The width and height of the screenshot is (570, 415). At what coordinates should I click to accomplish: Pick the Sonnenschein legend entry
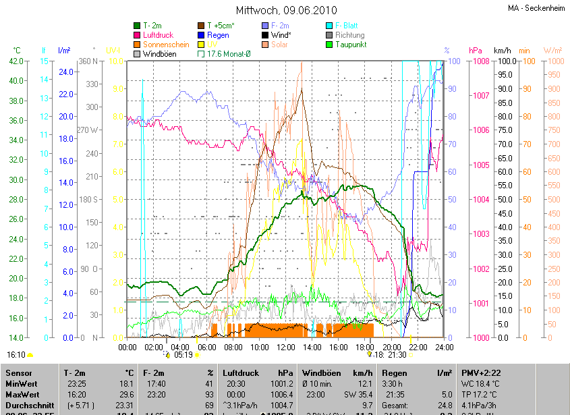point(165,45)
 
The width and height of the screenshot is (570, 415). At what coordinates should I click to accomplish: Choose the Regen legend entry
point(218,35)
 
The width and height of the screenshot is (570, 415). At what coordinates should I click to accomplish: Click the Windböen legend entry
point(159,54)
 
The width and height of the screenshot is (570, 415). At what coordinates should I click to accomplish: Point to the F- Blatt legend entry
point(346,26)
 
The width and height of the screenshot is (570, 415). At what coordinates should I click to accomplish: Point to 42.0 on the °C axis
point(15,61)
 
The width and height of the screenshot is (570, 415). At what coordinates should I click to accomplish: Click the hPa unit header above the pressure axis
point(475,51)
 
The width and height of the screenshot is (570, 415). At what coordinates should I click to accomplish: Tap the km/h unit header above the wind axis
point(503,51)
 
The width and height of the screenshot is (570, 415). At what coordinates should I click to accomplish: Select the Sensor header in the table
point(18,372)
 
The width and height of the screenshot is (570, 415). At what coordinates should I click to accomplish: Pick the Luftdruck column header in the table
point(239,372)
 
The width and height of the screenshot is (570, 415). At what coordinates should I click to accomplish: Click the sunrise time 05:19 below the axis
point(183,354)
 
